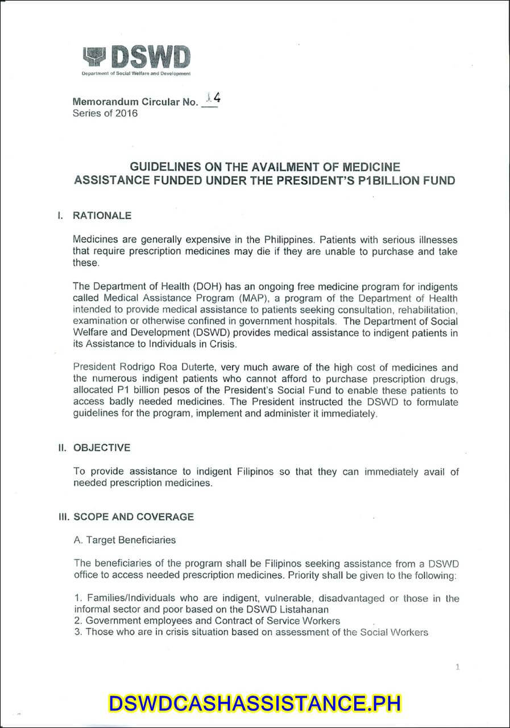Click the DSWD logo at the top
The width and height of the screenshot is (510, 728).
pos(136,59)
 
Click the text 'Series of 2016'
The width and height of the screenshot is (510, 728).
pos(105,113)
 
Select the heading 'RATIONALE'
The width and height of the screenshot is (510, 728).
pos(102,216)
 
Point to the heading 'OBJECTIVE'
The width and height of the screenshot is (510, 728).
pos(102,448)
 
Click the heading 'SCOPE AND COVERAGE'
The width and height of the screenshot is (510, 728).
pos(134,517)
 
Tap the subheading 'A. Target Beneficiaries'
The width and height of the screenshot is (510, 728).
pos(125,540)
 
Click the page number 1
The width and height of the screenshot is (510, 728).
pos(458,667)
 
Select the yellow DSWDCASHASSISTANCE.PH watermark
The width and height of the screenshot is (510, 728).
pos(255,704)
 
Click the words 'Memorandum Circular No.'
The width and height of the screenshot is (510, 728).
pos(135,102)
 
